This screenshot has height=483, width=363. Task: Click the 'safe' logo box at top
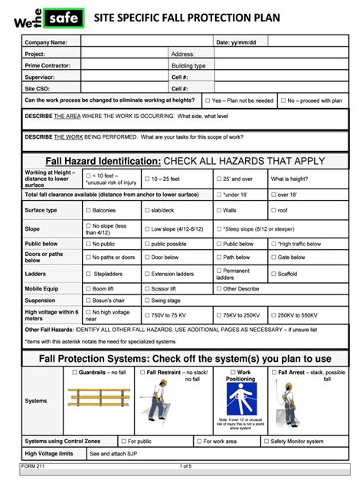pyautogui.click(x=63, y=17)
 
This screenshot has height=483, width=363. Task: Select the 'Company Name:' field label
pyautogui.click(x=46, y=43)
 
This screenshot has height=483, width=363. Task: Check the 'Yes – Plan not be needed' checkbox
pyautogui.click(x=208, y=100)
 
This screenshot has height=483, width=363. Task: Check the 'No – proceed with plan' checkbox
pyautogui.click(x=283, y=100)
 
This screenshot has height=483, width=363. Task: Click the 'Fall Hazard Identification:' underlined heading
pyautogui.click(x=103, y=162)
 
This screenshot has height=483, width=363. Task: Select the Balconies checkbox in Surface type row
pyautogui.click(x=88, y=210)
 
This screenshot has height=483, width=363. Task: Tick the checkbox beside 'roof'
pyautogui.click(x=273, y=210)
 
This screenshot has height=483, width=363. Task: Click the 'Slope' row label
pyautogui.click(x=32, y=228)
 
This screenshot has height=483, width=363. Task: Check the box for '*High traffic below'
pyautogui.click(x=273, y=244)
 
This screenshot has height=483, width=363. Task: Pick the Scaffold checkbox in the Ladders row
pyautogui.click(x=273, y=274)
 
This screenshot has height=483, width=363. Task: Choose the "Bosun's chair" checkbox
pyautogui.click(x=88, y=301)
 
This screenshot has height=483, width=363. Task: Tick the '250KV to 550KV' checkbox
pyautogui.click(x=273, y=315)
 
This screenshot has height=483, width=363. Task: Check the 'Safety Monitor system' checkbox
pyautogui.click(x=266, y=441)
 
